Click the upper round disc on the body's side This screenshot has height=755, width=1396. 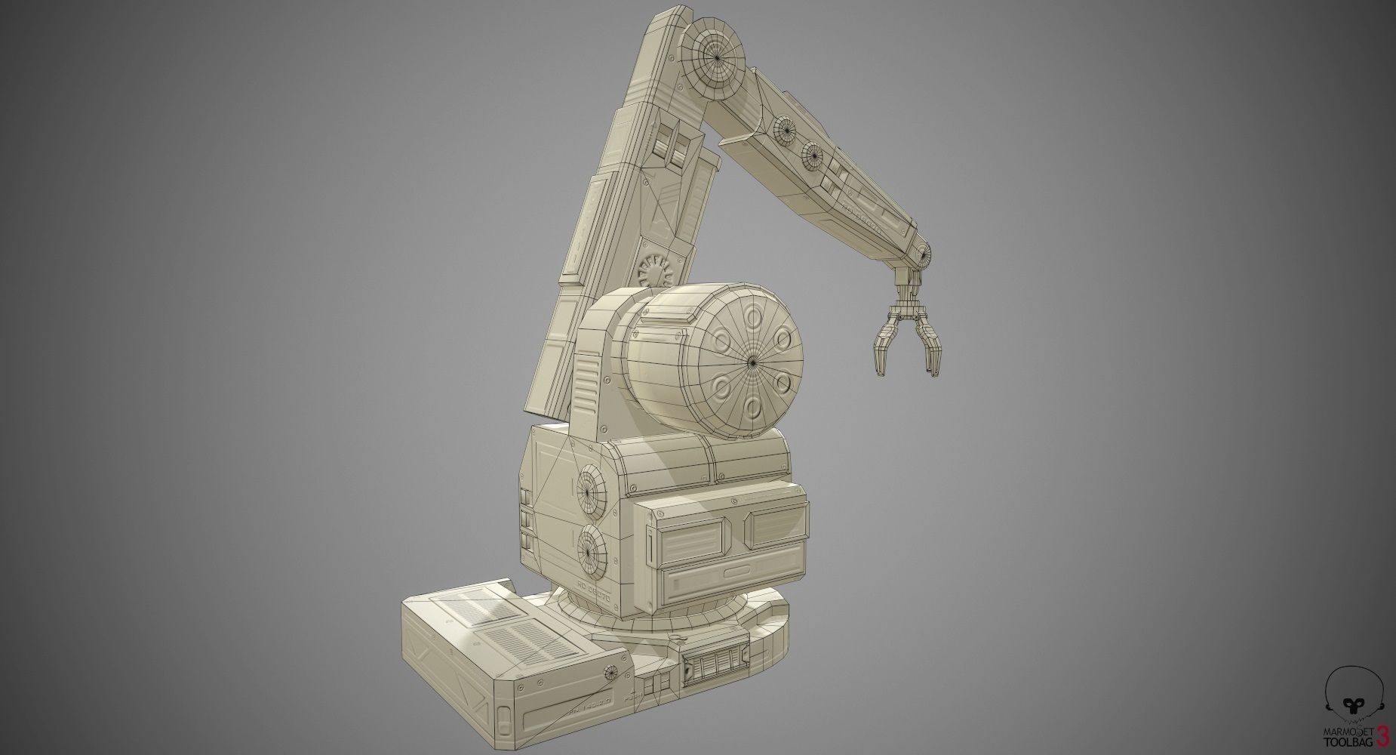(592, 490)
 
